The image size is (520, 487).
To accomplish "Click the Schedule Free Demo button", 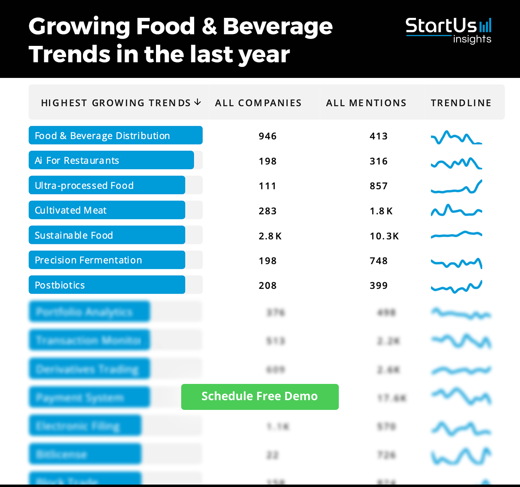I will (260, 396).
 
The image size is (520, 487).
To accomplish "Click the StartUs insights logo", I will (448, 30).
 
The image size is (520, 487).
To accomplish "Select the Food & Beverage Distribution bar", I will (115, 136).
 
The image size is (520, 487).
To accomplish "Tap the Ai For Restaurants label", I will (77, 161).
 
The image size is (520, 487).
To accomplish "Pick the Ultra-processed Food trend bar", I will (107, 185).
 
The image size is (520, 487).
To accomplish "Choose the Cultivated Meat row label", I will (70, 211).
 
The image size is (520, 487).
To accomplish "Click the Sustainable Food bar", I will (107, 235).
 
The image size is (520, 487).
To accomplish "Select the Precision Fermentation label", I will (88, 260).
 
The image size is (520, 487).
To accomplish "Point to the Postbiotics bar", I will (107, 285).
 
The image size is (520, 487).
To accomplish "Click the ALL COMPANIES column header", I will (258, 103).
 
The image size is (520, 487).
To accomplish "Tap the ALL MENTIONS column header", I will (366, 103).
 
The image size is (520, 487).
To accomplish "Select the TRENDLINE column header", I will (461, 103).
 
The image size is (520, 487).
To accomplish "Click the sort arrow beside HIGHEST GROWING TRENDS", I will (197, 102).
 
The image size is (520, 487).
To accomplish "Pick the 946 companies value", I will (267, 136).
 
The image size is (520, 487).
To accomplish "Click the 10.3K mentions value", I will (384, 236).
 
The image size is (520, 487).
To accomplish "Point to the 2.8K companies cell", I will (270, 236).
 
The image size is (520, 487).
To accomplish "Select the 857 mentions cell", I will (378, 186).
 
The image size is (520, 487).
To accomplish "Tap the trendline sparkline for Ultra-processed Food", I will (456, 187).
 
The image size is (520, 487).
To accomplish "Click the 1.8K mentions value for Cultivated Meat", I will (381, 211).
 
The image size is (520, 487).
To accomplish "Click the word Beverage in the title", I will (277, 27).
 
